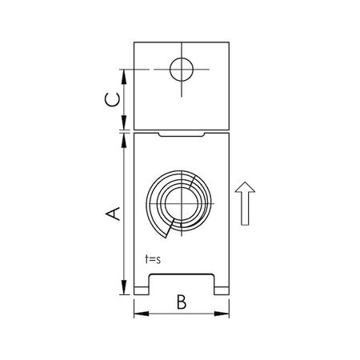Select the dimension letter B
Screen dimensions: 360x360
(x=182, y=302)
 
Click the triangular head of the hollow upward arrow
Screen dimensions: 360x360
(x=246, y=190)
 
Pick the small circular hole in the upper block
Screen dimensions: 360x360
(x=182, y=70)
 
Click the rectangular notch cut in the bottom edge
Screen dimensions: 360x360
(x=182, y=283)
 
